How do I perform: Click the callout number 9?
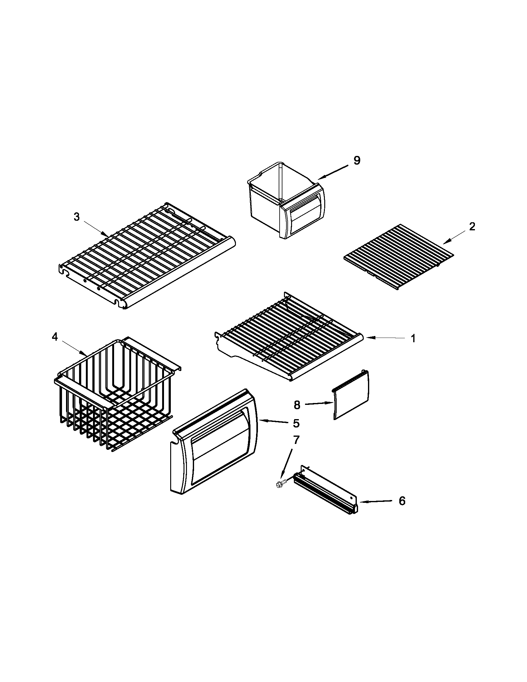point(357,160)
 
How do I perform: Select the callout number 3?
point(77,217)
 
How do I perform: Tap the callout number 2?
point(472,226)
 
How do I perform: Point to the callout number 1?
point(413,339)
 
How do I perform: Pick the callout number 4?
point(55,337)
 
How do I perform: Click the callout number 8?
point(297,405)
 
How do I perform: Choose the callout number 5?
point(296,423)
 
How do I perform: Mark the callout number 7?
point(296,440)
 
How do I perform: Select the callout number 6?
point(402,501)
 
